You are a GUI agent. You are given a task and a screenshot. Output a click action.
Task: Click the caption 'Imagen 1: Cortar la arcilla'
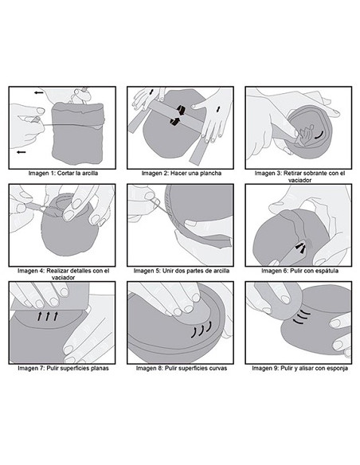63,174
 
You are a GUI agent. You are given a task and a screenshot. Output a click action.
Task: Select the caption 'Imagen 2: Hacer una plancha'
182,174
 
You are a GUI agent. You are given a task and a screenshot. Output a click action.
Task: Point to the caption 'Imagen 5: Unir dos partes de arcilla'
182,271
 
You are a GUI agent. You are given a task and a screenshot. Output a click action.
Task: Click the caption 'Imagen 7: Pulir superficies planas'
63,369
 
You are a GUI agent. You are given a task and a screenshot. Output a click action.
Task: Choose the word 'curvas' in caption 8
217,369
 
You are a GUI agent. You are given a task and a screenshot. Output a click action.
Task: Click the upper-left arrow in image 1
38,93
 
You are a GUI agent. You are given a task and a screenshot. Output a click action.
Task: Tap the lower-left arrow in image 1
21,152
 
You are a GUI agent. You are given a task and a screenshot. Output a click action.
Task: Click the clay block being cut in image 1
78,134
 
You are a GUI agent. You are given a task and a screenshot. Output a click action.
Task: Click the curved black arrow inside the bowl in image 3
319,136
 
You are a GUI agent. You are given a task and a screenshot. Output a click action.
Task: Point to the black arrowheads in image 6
300,248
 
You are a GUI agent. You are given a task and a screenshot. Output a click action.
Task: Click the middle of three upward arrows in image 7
48,316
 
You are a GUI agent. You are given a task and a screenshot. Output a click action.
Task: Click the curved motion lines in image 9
301,317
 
